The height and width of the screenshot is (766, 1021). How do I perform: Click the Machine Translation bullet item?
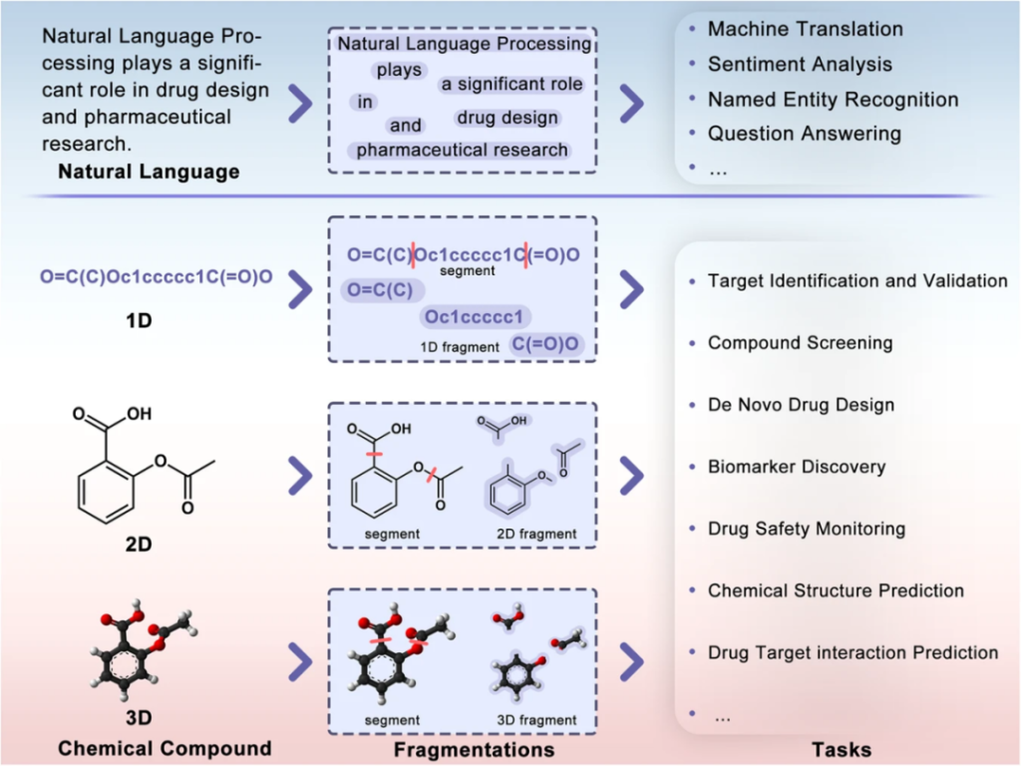coord(805,29)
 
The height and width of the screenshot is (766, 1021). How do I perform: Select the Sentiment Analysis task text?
coord(800,64)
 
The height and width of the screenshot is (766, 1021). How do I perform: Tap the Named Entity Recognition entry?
coord(833,99)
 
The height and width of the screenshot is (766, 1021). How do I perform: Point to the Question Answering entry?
coord(804,133)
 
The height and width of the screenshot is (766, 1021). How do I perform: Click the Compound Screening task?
coord(800,342)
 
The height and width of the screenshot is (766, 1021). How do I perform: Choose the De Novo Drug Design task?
coord(801,405)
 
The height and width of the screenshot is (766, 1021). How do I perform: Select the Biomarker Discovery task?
coord(796,466)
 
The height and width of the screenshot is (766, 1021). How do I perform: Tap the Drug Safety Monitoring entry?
coord(806,528)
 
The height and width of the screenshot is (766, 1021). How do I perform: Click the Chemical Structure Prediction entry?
coord(836,590)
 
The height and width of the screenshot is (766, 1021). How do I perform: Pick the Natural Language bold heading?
coord(149,172)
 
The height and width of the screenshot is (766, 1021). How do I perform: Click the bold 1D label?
coord(139,323)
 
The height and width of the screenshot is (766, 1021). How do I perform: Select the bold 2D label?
coord(139,547)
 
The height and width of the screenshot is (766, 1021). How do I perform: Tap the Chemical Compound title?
coord(164,748)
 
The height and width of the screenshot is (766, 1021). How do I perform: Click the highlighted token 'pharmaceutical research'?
coord(462,150)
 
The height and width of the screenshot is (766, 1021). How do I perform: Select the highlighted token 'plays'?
coord(399,71)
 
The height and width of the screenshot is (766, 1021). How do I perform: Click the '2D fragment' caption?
coord(535,534)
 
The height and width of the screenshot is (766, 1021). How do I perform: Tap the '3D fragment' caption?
coord(535,719)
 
